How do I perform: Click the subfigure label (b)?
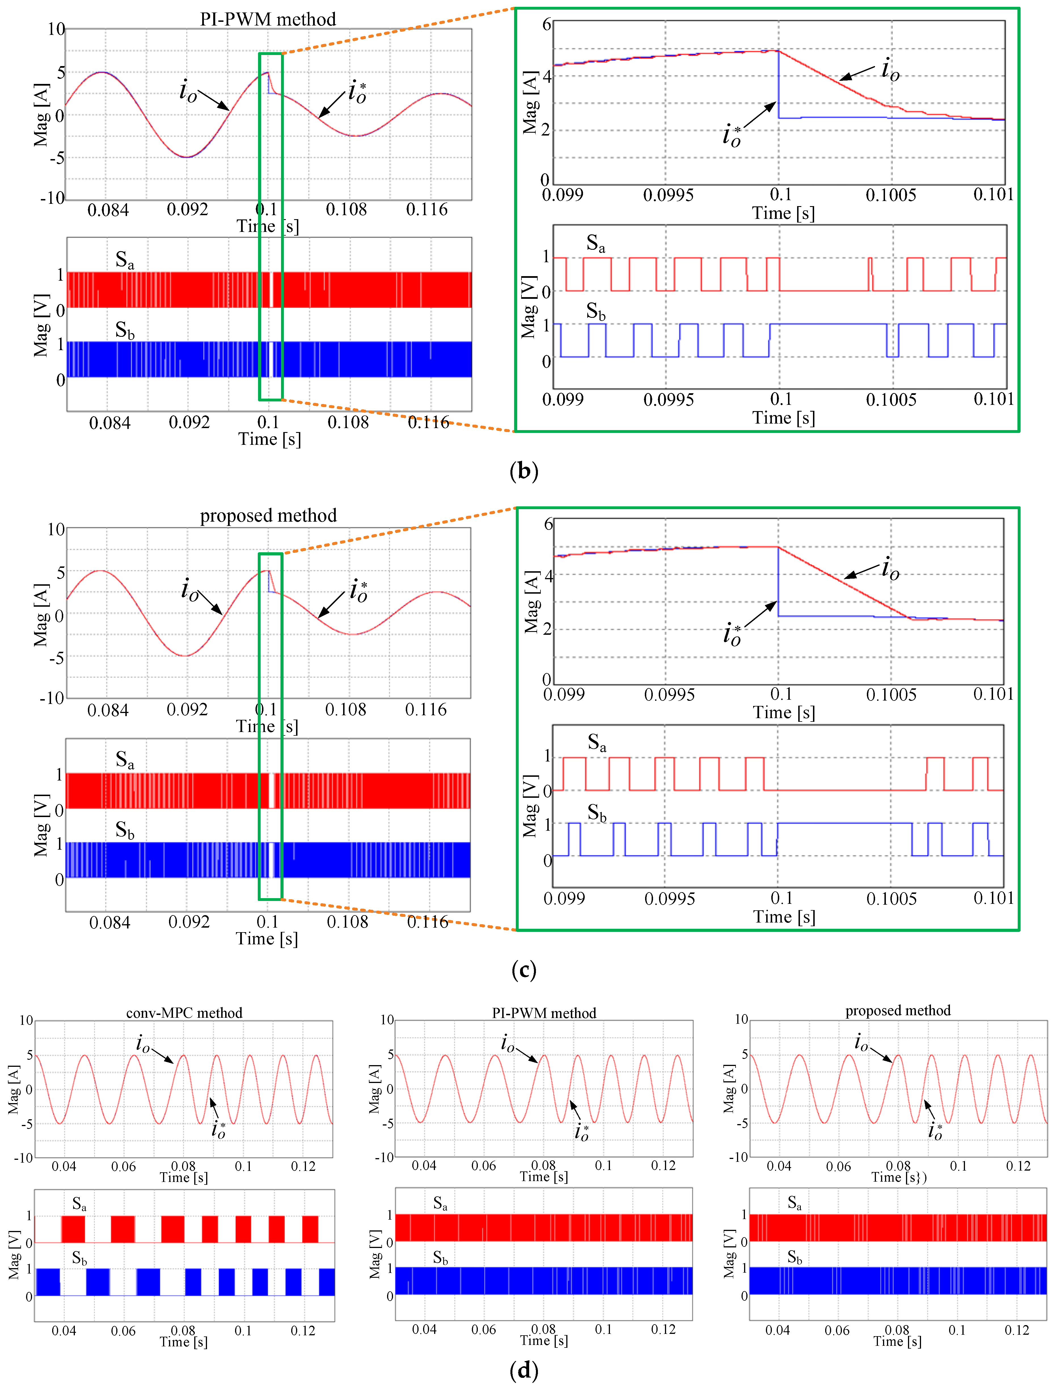(x=523, y=471)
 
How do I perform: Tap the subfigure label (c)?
(x=523, y=970)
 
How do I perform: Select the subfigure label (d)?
(x=523, y=1370)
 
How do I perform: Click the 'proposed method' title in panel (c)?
(x=268, y=516)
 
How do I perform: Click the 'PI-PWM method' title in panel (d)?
(x=544, y=1013)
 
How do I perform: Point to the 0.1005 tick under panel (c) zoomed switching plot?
(x=891, y=899)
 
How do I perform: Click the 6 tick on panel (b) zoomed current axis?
(x=547, y=25)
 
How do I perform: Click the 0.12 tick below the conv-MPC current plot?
(x=303, y=1166)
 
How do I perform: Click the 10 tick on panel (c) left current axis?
(x=56, y=529)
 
